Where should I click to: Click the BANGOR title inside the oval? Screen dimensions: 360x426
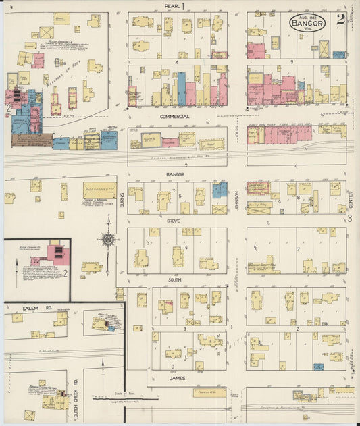[308, 22]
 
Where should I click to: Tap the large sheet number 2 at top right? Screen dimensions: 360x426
[340, 19]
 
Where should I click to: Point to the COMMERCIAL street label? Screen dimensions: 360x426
[174, 117]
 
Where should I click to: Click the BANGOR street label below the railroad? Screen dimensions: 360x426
[175, 174]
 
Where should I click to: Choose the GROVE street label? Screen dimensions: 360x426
[174, 220]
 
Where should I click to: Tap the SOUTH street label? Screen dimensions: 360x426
[174, 278]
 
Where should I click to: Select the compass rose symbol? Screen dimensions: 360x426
[107, 238]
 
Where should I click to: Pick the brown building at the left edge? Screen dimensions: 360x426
[31, 140]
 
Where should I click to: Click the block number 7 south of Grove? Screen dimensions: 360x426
[298, 249]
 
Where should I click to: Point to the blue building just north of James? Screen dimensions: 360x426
[318, 367]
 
